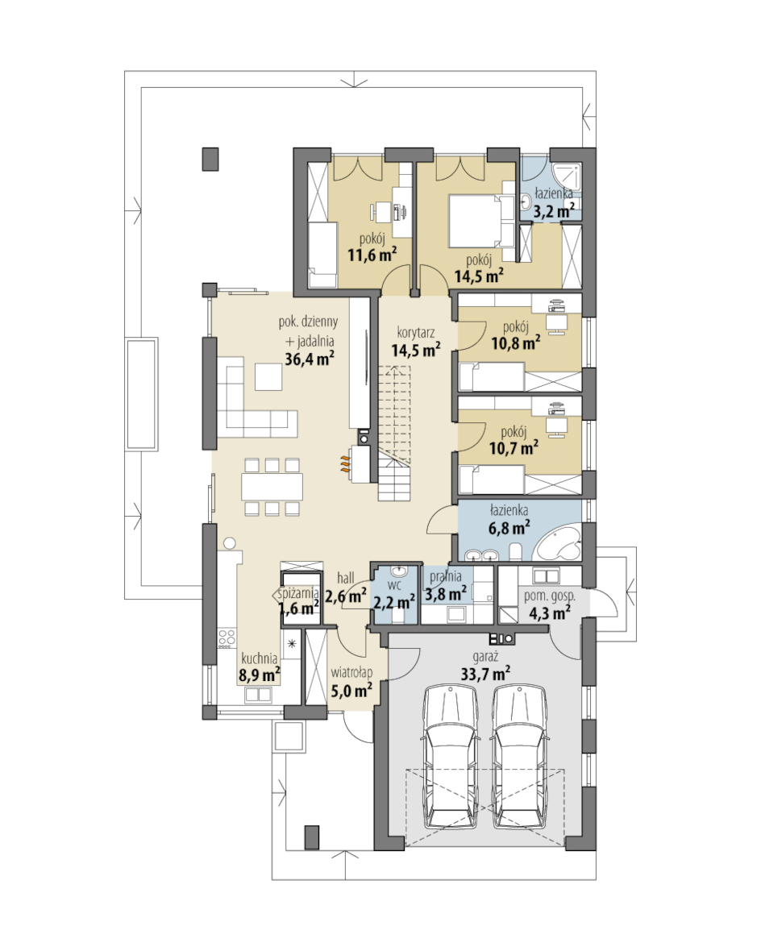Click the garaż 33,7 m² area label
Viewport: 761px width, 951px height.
point(483,666)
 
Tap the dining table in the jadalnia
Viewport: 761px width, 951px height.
point(272,486)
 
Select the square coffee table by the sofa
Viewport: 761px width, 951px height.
point(268,376)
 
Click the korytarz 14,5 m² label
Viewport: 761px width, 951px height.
point(416,342)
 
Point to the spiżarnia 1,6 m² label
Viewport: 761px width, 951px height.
point(298,601)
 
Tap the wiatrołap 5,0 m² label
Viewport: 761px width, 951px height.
point(351,681)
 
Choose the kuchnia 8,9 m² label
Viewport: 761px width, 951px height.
point(259,667)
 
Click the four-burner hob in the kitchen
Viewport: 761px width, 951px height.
point(227,637)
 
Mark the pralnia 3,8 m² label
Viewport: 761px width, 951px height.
point(446,585)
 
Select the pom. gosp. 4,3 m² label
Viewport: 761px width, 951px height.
point(550,604)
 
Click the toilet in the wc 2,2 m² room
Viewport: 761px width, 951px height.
point(397,615)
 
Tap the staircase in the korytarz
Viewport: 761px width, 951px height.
point(396,433)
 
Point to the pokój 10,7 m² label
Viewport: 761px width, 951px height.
point(514,440)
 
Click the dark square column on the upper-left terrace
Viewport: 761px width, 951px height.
point(210,159)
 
